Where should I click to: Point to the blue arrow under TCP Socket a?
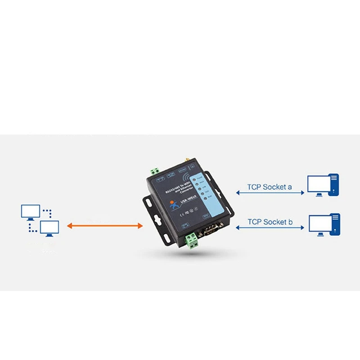[x=270, y=193]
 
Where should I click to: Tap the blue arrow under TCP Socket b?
[x=270, y=228]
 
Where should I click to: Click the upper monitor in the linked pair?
[x=31, y=212]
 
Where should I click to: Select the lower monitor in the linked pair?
[x=49, y=228]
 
